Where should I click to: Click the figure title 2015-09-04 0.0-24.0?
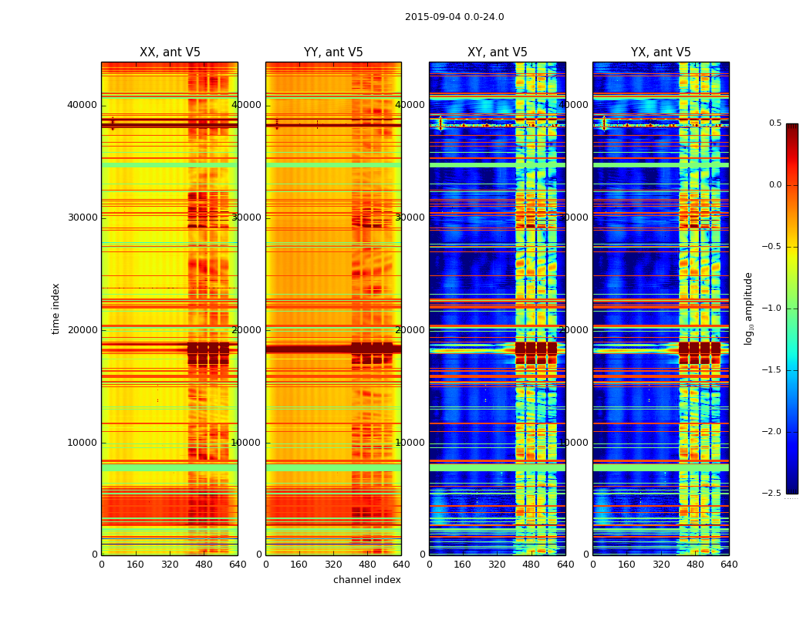[x=454, y=17]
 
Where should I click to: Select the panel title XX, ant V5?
[x=170, y=52]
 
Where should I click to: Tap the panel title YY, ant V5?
[x=333, y=52]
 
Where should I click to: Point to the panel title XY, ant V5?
[x=498, y=52]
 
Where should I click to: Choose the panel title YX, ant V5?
[x=661, y=52]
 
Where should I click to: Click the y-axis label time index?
[x=56, y=308]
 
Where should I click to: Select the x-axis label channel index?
[x=367, y=580]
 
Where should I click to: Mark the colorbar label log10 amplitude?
[x=748, y=308]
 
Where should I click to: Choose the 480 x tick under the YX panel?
[x=695, y=565]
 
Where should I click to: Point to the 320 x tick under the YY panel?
[x=333, y=565]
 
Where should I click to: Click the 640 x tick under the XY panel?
[x=565, y=565]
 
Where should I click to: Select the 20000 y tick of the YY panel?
[x=247, y=330]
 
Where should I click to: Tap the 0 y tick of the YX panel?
[x=586, y=555]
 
